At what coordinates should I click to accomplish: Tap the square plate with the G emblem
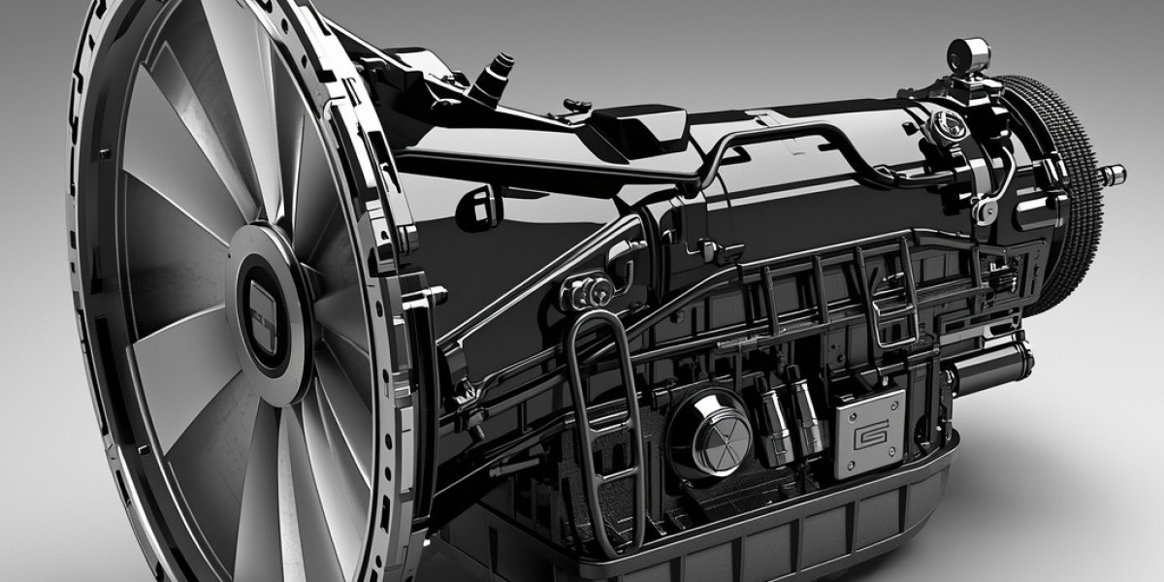pyautogui.click(x=869, y=420)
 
